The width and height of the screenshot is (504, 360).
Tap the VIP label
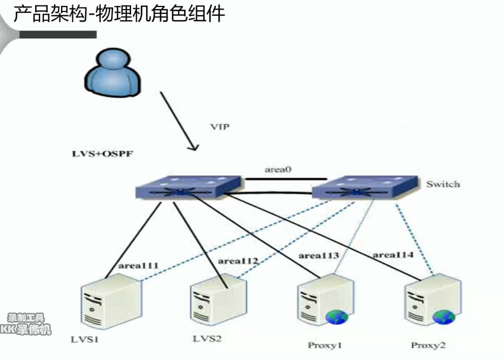pos(220,127)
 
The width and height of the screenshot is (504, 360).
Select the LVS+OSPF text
pos(103,154)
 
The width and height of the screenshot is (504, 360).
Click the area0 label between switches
pos(278,169)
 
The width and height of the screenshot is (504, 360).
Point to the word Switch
pos(443,184)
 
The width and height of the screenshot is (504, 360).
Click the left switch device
pos(189,187)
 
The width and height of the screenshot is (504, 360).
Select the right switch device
pos(365,187)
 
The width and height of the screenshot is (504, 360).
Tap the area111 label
pos(138,266)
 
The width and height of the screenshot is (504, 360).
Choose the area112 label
pos(238,261)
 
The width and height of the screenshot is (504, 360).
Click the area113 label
pos(318,256)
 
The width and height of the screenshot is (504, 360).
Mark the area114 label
pos(393,255)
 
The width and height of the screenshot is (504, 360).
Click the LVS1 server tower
pos(111,301)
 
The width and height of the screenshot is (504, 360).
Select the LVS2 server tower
pos(219,300)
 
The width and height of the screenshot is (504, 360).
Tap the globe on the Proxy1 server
pos(337,317)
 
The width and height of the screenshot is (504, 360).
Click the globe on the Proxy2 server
pos(444,317)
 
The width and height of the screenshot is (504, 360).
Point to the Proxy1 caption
pos(324,346)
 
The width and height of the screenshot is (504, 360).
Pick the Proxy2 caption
pos(429,346)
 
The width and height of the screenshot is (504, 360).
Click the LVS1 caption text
pos(85,340)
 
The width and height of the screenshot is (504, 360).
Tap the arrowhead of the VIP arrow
pos(194,147)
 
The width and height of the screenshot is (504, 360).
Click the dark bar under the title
pos(58,34)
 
